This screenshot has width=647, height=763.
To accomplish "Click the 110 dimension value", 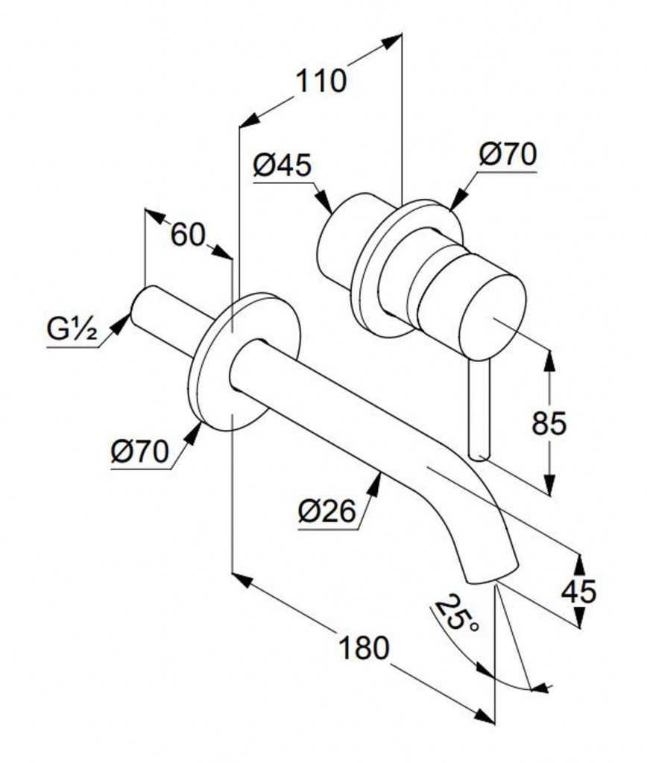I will tap(322, 80).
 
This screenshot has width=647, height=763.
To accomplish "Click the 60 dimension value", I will tap(187, 235).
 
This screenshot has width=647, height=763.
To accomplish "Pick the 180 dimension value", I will tap(364, 648).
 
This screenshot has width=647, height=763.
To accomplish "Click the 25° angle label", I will tap(457, 613).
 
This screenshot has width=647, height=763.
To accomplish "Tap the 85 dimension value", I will tap(549, 423).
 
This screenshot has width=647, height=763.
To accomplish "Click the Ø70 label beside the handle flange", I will tap(508, 156).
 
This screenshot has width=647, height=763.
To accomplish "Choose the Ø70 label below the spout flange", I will tap(139, 452).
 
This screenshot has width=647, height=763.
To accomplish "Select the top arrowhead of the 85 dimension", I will tap(549, 358).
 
